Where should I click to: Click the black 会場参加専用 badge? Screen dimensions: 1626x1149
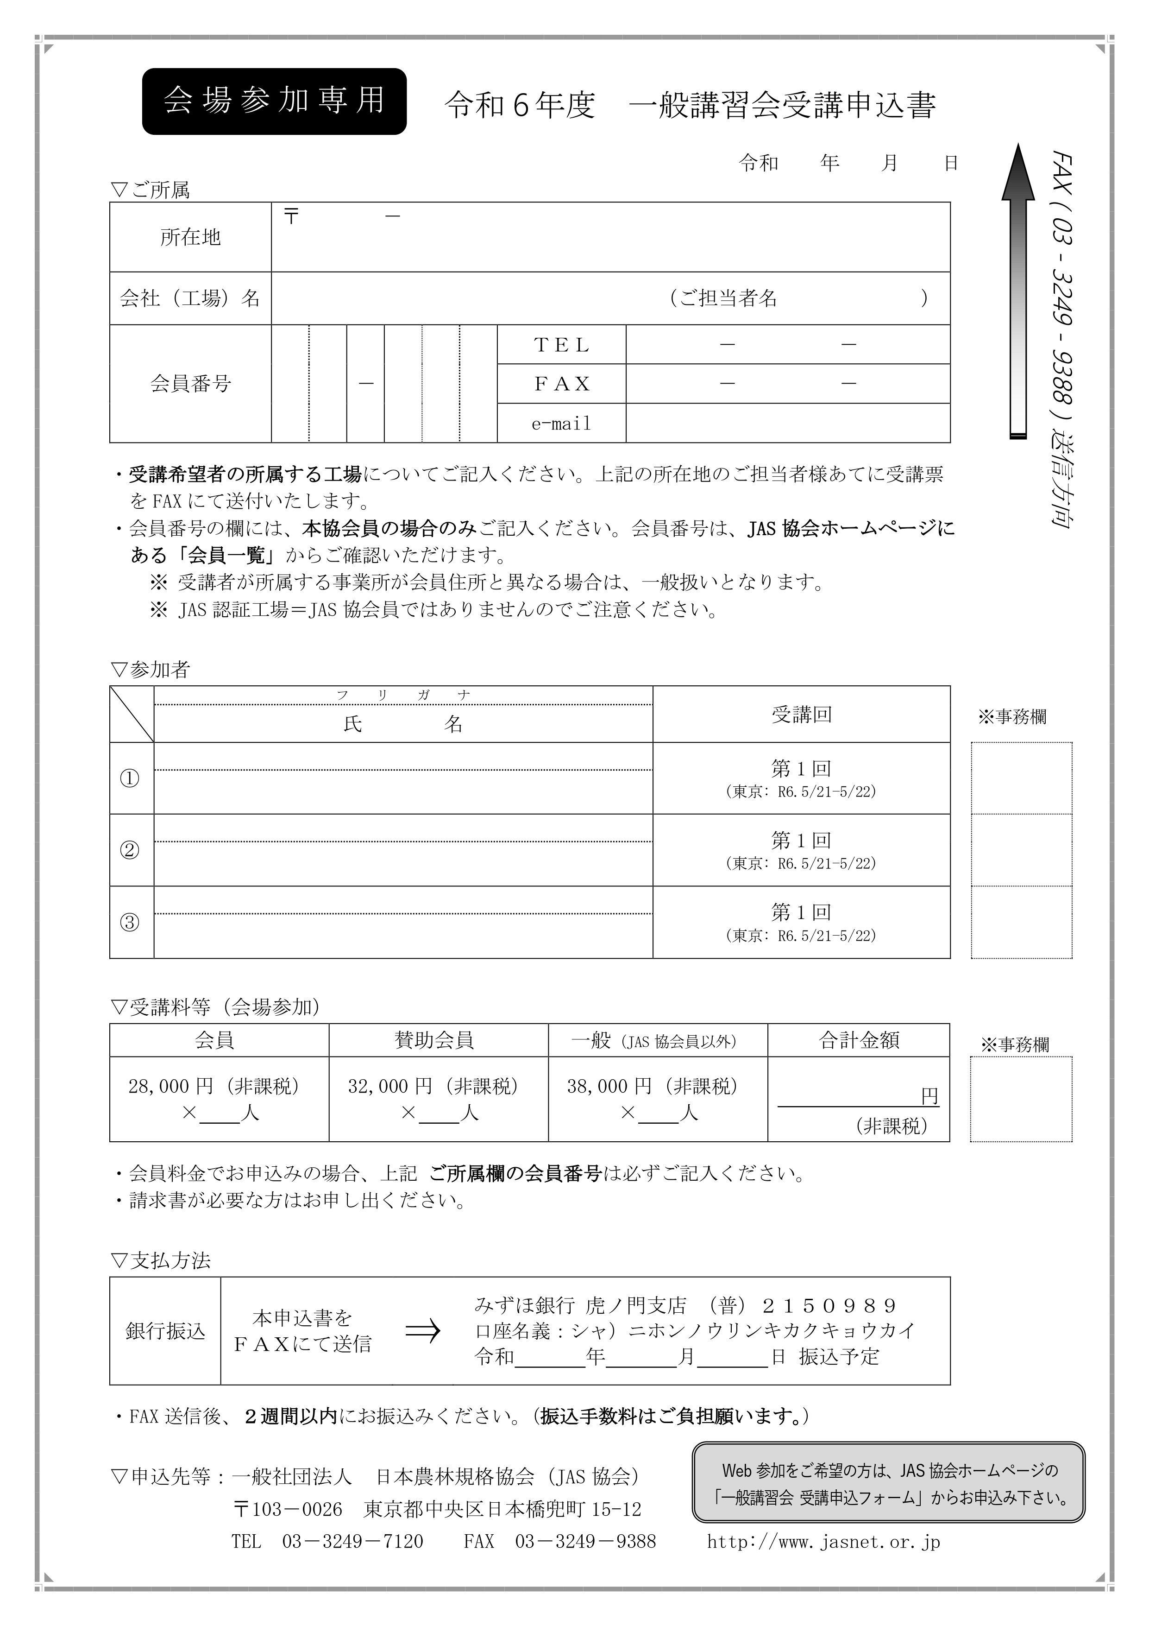pos(274,101)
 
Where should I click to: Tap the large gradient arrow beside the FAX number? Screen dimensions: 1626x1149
pos(1018,291)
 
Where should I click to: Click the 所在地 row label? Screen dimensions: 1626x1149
pos(190,237)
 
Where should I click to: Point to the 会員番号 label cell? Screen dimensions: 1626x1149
pos(190,384)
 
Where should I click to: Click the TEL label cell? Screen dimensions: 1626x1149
pos(561,345)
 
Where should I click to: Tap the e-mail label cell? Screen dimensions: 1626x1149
pos(561,424)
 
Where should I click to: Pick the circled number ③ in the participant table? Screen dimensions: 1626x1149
pos(130,922)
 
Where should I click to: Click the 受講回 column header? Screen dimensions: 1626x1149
pos(801,715)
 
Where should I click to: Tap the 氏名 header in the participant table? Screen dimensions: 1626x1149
pos(403,724)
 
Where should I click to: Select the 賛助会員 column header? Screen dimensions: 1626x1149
pos(434,1040)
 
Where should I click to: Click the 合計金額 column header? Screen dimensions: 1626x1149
pos(859,1040)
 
